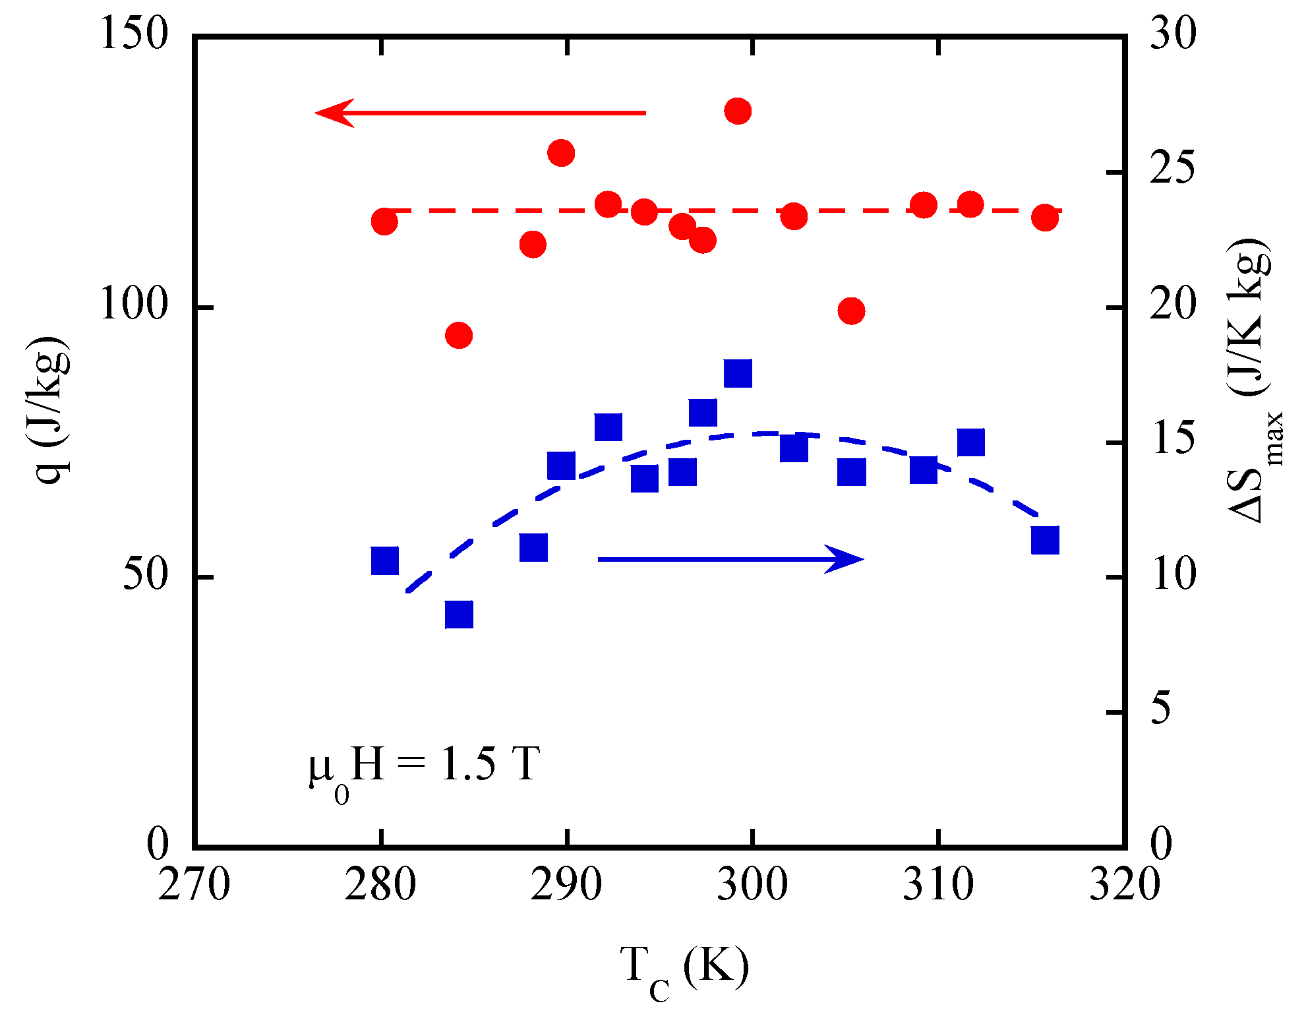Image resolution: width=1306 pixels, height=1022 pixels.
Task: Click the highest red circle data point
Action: (738, 111)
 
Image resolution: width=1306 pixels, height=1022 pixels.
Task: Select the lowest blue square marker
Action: (459, 615)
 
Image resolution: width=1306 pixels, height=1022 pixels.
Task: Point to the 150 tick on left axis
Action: (134, 34)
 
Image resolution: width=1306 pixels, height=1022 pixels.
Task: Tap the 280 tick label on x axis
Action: (380, 885)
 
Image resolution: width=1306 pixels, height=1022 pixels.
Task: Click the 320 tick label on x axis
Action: (1124, 885)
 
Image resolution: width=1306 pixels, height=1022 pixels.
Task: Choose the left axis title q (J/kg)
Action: (53, 409)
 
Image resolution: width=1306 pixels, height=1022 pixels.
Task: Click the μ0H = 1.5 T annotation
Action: (425, 769)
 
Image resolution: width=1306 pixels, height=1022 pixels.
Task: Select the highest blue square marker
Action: (738, 373)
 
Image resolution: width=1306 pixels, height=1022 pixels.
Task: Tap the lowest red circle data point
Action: (459, 336)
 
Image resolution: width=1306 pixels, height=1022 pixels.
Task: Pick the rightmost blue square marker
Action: (1045, 540)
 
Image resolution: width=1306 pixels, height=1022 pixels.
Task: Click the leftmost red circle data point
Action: (384, 222)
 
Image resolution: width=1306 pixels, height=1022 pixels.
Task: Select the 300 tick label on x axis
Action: (752, 885)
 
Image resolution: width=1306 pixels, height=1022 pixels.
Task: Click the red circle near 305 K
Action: (851, 311)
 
